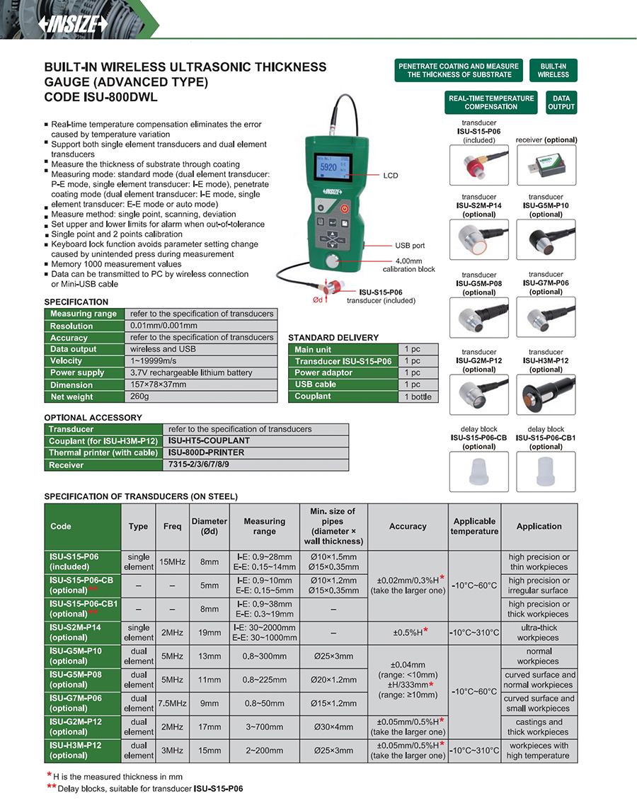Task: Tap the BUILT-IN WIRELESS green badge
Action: tap(553, 70)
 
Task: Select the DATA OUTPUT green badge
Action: tap(561, 103)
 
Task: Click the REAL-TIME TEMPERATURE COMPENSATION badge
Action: tap(491, 103)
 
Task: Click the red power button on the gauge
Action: tap(345, 209)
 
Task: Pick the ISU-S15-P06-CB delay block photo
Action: tap(478, 471)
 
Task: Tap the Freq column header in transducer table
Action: tap(172, 526)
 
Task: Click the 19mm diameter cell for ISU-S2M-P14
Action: tap(210, 632)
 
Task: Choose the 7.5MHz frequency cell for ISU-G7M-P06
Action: tap(172, 703)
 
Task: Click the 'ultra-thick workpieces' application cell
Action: tap(539, 632)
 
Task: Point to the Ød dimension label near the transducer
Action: tap(318, 299)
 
